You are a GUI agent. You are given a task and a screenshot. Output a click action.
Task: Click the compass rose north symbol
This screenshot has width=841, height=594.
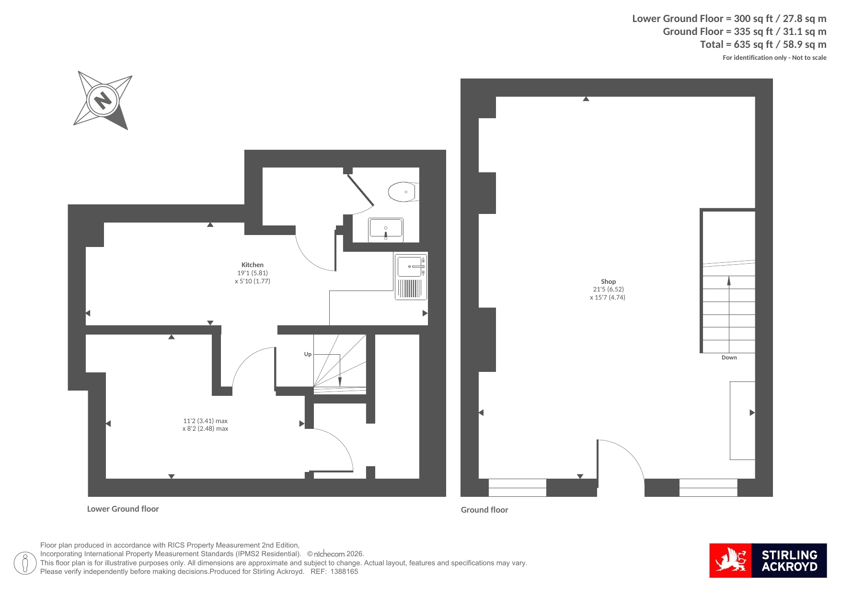pos(103,101)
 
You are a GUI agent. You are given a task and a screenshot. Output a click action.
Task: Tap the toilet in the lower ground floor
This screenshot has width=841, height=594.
pos(403,192)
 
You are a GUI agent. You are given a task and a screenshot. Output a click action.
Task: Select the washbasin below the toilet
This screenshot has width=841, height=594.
pos(386,230)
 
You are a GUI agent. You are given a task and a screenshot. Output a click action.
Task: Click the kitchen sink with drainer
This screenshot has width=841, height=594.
pos(411,277)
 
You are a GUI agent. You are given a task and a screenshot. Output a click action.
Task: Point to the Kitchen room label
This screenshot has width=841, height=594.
pos(253,265)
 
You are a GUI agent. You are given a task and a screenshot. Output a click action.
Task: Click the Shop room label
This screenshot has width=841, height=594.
pos(608,281)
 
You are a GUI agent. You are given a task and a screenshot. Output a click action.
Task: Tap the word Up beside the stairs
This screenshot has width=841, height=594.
pos(308,354)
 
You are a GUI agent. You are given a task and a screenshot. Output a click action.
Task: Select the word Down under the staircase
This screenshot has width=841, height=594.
pos(729,358)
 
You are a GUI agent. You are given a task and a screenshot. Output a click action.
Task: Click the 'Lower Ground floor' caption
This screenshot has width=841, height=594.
pos(123,509)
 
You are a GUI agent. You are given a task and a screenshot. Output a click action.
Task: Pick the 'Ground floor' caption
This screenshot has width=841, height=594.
pos(484,510)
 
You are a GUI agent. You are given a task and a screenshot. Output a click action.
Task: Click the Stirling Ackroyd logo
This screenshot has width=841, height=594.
pos(768,560)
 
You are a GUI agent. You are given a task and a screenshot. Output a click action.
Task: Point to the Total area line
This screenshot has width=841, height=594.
pos(763,45)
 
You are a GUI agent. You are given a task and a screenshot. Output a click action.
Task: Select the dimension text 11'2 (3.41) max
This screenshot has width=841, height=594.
pos(205,421)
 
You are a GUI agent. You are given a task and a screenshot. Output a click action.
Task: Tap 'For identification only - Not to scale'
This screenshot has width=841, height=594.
pos(774,57)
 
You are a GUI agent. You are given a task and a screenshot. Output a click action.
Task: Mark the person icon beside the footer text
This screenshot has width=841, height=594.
pos(25,563)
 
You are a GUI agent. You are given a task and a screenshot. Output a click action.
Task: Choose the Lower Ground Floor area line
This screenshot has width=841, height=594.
pos(729,19)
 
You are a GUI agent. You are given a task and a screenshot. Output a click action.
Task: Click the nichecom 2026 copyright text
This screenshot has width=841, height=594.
pos(335,554)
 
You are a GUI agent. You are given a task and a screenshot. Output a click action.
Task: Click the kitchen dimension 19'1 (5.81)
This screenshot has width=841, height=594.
pos(253,273)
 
